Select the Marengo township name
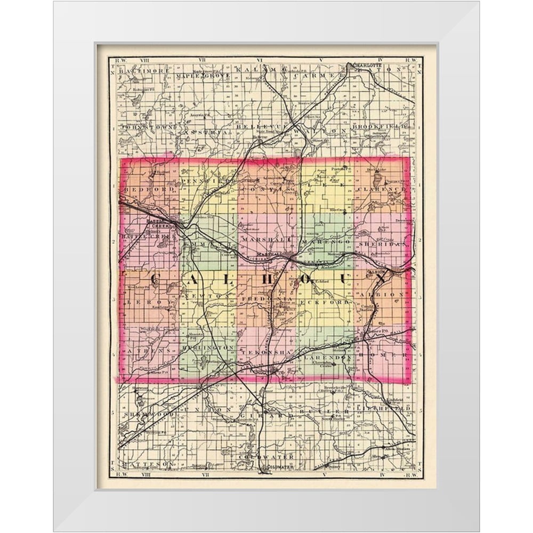coord(326,241)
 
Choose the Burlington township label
coord(206,347)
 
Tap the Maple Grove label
coord(203,76)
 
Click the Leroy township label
coord(137,302)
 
